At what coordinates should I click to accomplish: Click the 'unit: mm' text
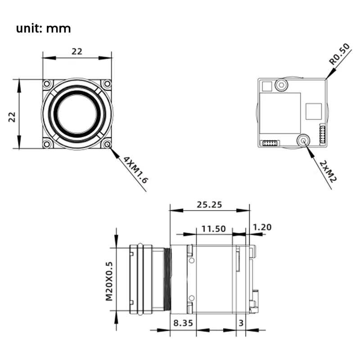point(43,28)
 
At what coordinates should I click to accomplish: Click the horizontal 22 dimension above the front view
point(77,51)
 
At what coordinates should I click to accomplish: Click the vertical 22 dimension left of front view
point(12,117)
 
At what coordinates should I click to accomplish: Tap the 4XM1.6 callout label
point(135,170)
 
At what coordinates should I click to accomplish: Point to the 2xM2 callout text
point(328,171)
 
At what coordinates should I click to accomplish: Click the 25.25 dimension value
point(209,204)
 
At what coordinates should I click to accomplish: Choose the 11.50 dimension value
point(213,228)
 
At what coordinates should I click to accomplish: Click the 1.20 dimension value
point(263,227)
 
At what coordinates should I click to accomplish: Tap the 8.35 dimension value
point(183,322)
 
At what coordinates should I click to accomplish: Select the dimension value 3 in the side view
point(241,322)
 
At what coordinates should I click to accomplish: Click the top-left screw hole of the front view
point(47,84)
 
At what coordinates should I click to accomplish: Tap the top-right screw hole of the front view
point(107,84)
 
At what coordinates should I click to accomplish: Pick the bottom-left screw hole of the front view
point(47,144)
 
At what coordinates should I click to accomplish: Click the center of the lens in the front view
point(77,114)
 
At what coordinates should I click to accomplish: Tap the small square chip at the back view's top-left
point(267,86)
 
